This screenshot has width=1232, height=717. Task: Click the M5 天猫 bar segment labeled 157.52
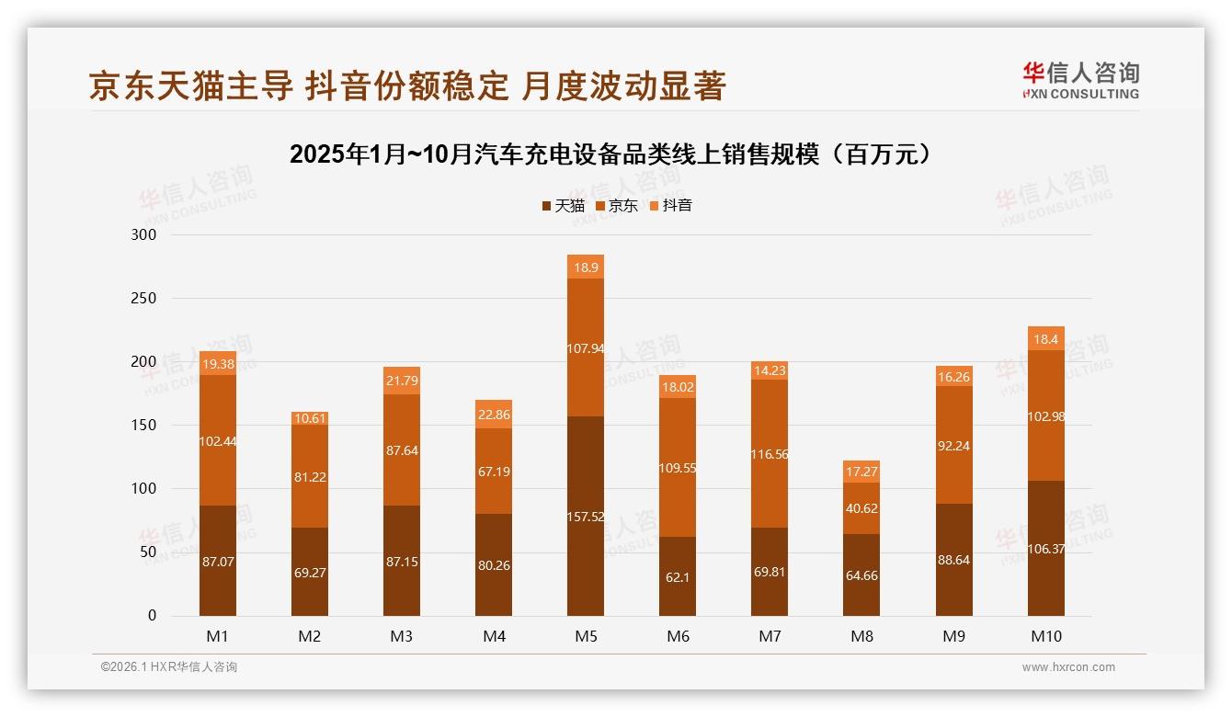point(586,517)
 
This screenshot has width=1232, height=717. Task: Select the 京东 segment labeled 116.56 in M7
point(770,453)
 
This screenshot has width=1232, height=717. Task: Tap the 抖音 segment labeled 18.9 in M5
point(586,267)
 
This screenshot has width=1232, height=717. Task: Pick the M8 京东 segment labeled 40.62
point(861,507)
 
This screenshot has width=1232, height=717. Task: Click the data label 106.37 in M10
point(1046,549)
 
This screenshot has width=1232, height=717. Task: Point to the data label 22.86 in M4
point(494,415)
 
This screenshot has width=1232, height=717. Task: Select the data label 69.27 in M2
point(310,573)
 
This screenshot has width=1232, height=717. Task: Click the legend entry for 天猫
point(563,205)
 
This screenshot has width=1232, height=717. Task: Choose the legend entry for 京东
point(616,205)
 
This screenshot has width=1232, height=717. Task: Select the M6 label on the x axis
point(678,636)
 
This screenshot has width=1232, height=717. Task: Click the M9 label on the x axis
point(953,636)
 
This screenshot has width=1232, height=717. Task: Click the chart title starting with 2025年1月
point(615,154)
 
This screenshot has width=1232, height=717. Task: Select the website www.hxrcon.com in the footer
point(1068,667)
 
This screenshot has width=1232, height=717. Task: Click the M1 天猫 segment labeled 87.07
point(218,561)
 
